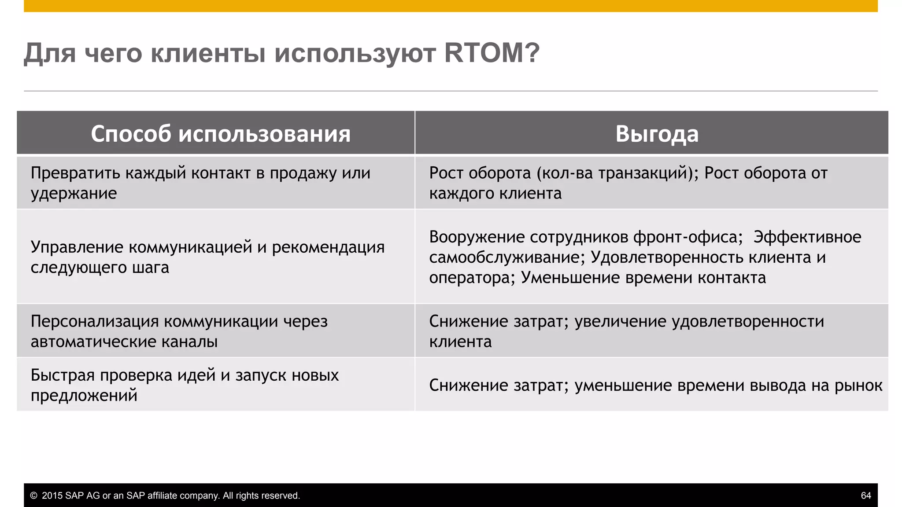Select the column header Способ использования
pyautogui.click(x=221, y=134)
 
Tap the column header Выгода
pyautogui.click(x=657, y=134)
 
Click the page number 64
pyautogui.click(x=866, y=496)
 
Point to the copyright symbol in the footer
pyautogui.click(x=33, y=496)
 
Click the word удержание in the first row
pyautogui.click(x=74, y=194)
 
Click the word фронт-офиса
pyautogui.click(x=688, y=237)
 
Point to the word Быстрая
pyautogui.click(x=63, y=375)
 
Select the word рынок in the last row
pyautogui.click(x=858, y=386)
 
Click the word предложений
pyautogui.click(x=84, y=396)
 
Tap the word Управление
pyautogui.click(x=77, y=247)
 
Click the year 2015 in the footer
pyautogui.click(x=52, y=496)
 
